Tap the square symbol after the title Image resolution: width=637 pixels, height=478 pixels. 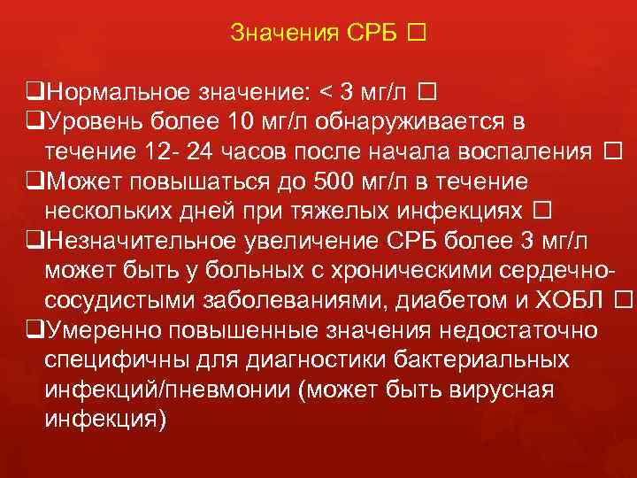tap(417, 34)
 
